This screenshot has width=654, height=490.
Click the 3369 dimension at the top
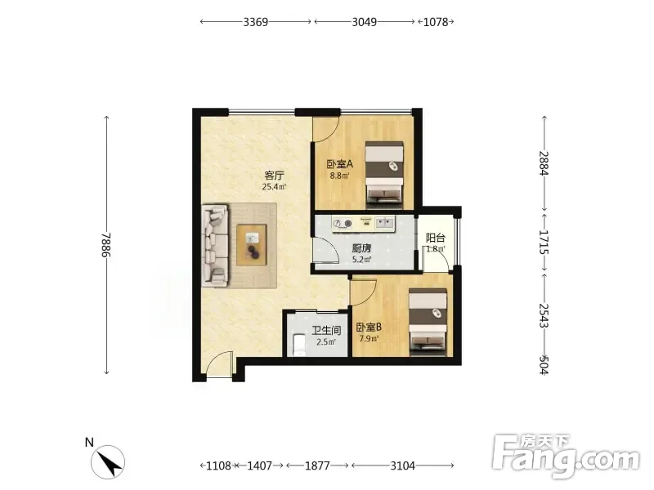click(256, 22)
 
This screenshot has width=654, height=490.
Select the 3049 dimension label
click(364, 22)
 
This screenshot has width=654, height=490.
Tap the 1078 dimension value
click(436, 22)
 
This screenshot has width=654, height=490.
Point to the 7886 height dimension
click(107, 244)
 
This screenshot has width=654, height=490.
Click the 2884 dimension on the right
click(544, 163)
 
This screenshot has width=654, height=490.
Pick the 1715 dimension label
click(544, 242)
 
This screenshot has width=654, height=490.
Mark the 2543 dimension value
click(544, 315)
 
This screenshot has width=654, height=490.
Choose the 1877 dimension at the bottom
click(317, 465)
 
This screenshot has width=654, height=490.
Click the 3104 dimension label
click(402, 465)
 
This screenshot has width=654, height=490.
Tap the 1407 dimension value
click(259, 465)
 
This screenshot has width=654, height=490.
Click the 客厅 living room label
click(274, 176)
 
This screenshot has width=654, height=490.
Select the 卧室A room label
click(339, 164)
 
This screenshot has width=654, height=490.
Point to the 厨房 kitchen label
click(361, 249)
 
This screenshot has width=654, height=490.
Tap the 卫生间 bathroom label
click(326, 331)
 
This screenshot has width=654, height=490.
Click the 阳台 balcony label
click(436, 238)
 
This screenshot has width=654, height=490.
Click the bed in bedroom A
click(384, 175)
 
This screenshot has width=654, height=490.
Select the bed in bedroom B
click(428, 322)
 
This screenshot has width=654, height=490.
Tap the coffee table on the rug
click(252, 245)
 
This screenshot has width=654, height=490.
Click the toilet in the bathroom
click(299, 345)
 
